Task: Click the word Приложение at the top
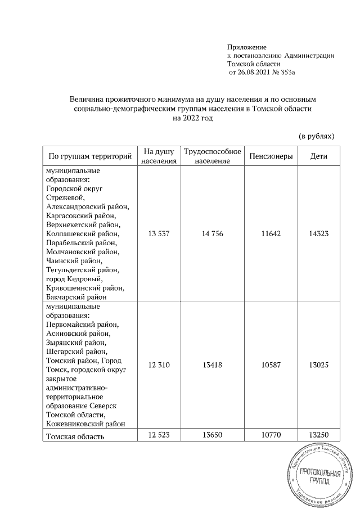[x=247, y=47]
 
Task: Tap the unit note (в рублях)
[x=316, y=136]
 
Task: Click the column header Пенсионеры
[x=271, y=156]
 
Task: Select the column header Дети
[x=319, y=156]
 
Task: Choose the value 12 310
[x=159, y=365]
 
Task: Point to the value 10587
[x=271, y=365]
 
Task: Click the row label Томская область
[x=75, y=435]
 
